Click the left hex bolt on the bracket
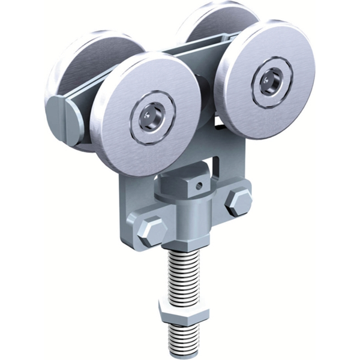pyautogui.click(x=151, y=229)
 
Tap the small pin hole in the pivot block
pyautogui.click(x=199, y=186)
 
